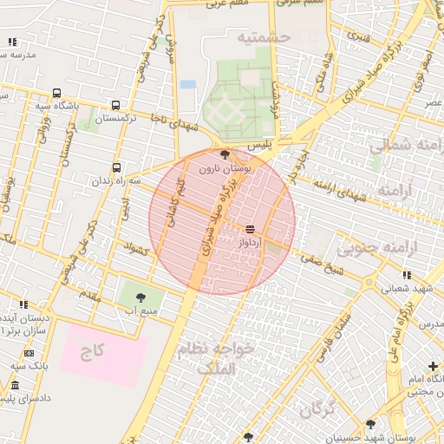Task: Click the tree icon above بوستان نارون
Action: pos(225,155)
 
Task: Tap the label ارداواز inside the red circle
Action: pos(250,244)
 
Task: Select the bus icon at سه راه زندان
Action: pos(116,167)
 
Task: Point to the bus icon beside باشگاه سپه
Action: pos(56,94)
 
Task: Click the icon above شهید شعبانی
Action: pos(407,275)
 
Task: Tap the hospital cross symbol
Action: pos(433,366)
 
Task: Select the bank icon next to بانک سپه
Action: pos(29,353)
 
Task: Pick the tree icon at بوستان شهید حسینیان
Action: pos(371,424)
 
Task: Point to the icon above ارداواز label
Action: pos(250,229)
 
